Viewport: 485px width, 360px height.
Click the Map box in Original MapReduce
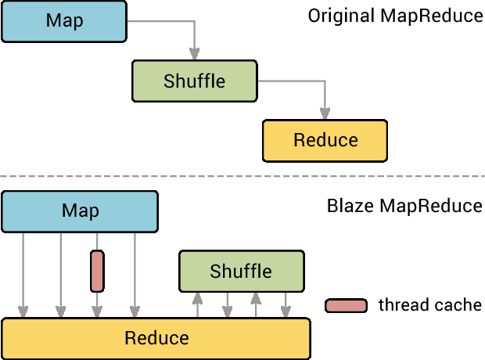coord(63,21)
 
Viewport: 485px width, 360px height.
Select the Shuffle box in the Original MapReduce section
coord(194,81)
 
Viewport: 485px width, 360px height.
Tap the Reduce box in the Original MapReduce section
coord(325,140)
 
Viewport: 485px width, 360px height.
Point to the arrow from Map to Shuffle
coord(193,39)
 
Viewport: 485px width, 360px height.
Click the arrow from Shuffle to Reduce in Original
coord(323,98)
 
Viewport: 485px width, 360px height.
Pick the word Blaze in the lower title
coord(349,207)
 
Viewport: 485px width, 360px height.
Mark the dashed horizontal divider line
coord(242,176)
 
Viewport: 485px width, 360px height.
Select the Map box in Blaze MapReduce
coord(80,211)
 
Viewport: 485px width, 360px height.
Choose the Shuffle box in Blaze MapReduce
coord(241,271)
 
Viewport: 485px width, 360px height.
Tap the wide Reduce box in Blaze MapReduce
coord(156,338)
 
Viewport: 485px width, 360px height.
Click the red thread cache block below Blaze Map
coord(97,271)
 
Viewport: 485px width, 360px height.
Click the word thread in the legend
coord(402,305)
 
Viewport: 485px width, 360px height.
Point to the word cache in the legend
coord(457,305)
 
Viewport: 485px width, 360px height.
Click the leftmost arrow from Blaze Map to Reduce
coord(23,274)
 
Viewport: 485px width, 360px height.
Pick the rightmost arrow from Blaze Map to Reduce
coord(135,274)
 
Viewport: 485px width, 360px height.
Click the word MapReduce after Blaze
coord(431,207)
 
